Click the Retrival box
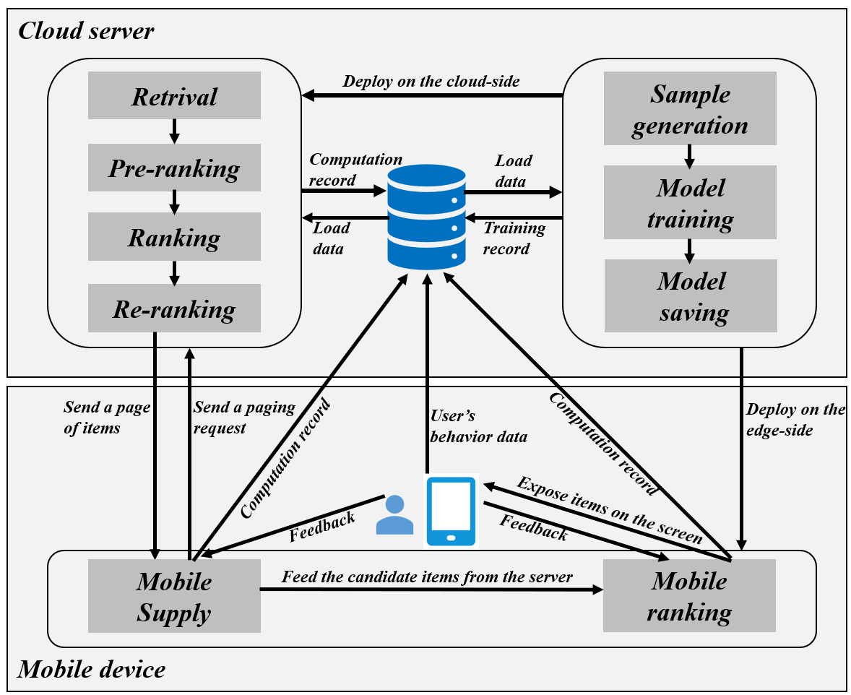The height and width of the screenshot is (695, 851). point(174,96)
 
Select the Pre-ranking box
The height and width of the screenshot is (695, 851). point(174,168)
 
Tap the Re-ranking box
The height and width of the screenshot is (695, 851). point(174,308)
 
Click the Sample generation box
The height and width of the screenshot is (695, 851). point(690,109)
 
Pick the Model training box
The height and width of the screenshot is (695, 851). point(690,203)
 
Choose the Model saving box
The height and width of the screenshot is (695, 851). point(690,296)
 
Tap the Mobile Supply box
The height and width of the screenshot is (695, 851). point(174,597)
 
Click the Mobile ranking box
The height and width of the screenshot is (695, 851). point(689,597)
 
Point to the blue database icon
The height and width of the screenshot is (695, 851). point(426,216)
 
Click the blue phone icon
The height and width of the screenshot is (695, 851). point(451,511)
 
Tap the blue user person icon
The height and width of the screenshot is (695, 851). point(395,514)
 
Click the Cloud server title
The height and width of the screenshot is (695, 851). point(86,31)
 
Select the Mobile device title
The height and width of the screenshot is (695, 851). point(92,669)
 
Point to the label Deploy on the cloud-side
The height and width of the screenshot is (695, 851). point(431,81)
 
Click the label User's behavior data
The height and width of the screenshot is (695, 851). point(478,426)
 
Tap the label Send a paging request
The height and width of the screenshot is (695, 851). point(244,418)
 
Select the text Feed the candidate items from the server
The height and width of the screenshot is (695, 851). point(427,577)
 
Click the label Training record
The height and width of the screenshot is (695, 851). point(514,238)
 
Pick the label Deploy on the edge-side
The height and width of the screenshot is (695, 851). point(795,419)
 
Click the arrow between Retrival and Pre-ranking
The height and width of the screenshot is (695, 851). point(174,131)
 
